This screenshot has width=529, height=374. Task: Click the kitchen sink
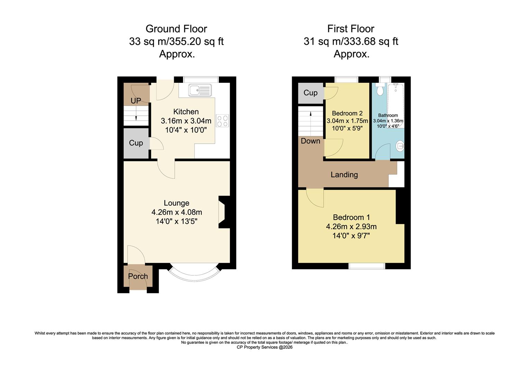click(x=200, y=90)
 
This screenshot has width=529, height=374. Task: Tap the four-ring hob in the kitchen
click(x=222, y=121)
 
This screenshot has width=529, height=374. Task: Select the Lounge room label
click(x=177, y=203)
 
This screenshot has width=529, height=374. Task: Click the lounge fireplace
click(x=223, y=212)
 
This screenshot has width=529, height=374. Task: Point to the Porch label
click(x=138, y=276)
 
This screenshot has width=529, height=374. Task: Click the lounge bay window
click(x=194, y=274)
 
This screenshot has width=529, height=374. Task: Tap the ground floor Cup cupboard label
click(x=136, y=143)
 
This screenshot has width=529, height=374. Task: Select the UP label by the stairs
click(x=136, y=101)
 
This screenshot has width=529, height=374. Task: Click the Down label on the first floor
click(x=310, y=141)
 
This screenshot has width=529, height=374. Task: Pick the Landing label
click(x=344, y=175)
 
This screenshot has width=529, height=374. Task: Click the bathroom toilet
click(x=380, y=90)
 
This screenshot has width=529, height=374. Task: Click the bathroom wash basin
click(x=400, y=146)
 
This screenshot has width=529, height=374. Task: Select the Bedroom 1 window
click(x=367, y=266)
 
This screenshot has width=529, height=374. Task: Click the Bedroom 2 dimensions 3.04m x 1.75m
click(x=347, y=121)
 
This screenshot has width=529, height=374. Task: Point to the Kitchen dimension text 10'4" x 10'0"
click(x=186, y=130)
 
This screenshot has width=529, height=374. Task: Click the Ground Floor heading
click(x=176, y=28)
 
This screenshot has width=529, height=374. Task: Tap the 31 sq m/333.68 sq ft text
click(x=351, y=42)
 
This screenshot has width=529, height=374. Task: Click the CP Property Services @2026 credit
click(x=264, y=347)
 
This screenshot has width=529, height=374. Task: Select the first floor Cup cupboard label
click(x=310, y=93)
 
